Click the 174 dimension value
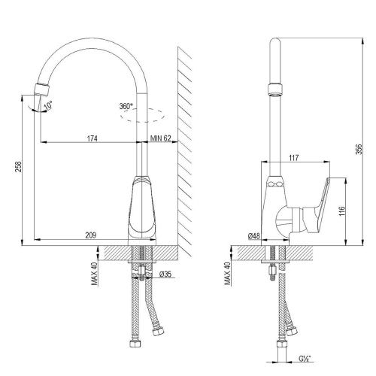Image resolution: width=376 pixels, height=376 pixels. [x=92, y=138]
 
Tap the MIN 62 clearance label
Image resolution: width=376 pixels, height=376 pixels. [x=161, y=138]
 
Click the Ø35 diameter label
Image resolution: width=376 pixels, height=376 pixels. [x=168, y=274]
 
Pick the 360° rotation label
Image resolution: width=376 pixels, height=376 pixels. [x=128, y=107]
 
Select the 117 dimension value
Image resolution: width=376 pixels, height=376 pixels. [x=295, y=158]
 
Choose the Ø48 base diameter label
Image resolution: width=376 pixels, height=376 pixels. [x=253, y=236]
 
